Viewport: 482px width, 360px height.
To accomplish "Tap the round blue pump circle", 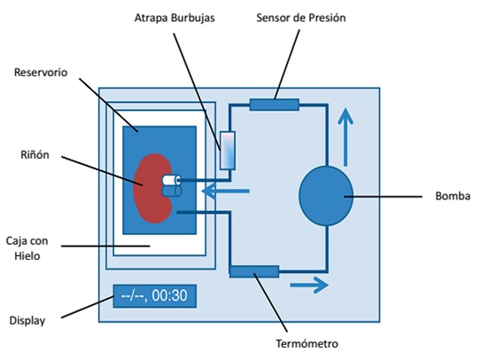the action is pos(326,196).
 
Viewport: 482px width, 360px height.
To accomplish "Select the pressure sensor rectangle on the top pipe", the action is pos(274,105).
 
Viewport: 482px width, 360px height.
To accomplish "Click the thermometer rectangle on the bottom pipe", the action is pos(254,271).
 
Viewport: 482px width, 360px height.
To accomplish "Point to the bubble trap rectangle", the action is pos(228,151).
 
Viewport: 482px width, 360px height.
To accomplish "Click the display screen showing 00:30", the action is pos(155,296).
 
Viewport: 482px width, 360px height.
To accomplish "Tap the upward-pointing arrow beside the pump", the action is pos(346,137).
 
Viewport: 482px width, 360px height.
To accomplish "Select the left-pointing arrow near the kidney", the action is pos(225,191).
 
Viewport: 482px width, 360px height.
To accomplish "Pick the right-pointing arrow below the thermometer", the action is pos(309,286).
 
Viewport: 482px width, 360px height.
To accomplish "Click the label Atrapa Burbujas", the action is pos(175,18).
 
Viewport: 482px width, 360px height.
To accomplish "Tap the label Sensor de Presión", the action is pos(301,18).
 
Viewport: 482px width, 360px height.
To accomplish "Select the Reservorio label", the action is pos(41,73).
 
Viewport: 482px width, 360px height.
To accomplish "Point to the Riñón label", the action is pos(35,154).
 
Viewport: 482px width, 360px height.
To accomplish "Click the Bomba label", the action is pos(453,196).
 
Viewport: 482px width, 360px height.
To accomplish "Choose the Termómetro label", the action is pos(307,343).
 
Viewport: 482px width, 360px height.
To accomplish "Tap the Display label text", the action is pos(27,321).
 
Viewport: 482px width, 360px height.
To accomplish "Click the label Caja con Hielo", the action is pos(27,248).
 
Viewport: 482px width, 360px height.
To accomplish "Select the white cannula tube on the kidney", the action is pos(172,180).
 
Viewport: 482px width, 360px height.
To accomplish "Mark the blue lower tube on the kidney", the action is pos(172,191).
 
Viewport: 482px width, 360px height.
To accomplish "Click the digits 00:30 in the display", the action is pos(169,295).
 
